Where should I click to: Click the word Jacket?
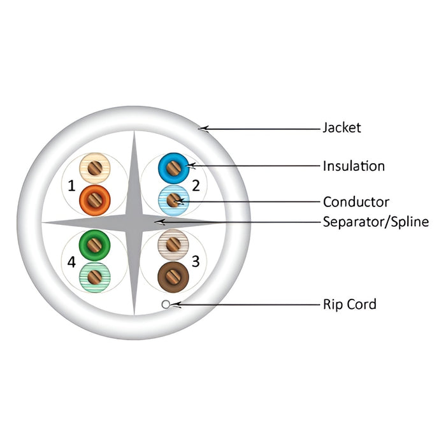(342, 127)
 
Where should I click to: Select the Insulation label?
(354, 166)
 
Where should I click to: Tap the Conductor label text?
(356, 202)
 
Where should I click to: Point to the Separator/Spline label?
(376, 222)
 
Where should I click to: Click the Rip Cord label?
(350, 304)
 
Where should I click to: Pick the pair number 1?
(71, 186)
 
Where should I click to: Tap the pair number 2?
(196, 185)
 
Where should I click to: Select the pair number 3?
(196, 261)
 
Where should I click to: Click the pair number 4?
(71, 262)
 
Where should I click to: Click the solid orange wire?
(95, 200)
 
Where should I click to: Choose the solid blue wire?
(173, 168)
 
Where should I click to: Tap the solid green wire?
(94, 245)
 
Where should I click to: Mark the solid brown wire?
(173, 277)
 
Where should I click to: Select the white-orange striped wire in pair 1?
(95, 168)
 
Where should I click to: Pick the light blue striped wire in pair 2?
(173, 200)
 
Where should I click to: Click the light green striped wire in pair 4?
(94, 277)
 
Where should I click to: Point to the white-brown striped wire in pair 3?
(173, 245)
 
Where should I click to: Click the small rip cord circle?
(166, 305)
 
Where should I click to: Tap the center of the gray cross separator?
(134, 222)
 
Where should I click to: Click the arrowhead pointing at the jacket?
(203, 129)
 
